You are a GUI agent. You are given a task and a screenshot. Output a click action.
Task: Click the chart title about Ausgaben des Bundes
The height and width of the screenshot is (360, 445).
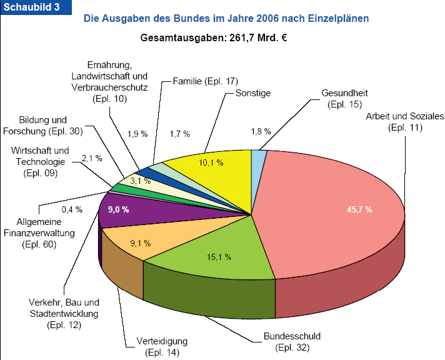click(x=226, y=19)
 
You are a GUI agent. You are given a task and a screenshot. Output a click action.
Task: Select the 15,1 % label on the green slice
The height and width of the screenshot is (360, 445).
click(x=219, y=256)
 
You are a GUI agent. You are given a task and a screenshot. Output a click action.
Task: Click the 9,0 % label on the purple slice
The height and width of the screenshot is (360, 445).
click(x=119, y=209)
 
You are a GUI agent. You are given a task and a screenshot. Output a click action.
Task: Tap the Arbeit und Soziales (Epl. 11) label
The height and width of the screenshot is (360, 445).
click(x=405, y=122)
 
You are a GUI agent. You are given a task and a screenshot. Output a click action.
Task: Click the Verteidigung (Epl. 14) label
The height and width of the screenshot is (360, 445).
click(x=161, y=347)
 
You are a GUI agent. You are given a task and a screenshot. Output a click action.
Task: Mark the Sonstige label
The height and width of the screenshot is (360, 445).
click(x=253, y=93)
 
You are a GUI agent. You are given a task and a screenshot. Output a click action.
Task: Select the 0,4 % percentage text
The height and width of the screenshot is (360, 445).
click(x=72, y=209)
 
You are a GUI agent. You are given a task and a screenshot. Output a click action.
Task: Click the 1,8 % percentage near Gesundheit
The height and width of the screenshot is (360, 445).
click(x=261, y=131)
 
